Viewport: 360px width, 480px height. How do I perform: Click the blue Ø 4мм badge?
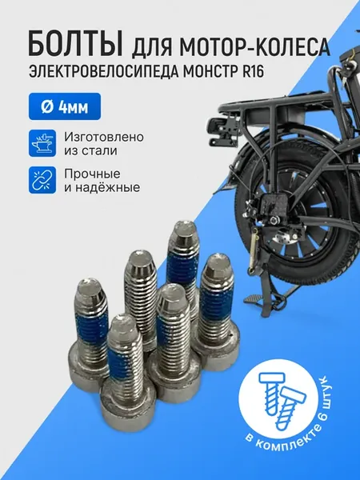pos(65,106)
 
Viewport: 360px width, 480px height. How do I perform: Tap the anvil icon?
pos(42,143)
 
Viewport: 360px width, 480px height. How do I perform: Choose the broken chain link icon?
pos(42,180)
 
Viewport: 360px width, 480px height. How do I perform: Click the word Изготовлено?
pos(104,137)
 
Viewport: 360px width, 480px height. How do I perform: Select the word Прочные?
pos(92,174)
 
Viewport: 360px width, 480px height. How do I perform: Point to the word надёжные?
pos(107,187)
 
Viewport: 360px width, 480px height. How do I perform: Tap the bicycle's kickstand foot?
pos(254,298)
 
